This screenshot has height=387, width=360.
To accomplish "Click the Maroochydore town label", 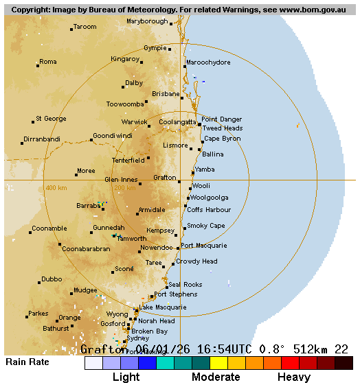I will (208, 62).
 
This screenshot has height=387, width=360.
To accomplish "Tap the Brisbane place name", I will (166, 94).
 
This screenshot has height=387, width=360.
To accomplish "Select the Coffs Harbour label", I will (209, 209).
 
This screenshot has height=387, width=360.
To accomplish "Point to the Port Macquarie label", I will (204, 246).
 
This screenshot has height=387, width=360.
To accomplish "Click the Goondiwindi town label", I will (113, 136).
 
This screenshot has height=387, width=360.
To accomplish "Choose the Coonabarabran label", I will (86, 249).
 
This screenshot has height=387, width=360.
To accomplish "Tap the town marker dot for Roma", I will (37, 65).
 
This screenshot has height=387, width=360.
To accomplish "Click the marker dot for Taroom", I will (71, 30).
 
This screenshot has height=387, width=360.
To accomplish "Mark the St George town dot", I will (32, 122).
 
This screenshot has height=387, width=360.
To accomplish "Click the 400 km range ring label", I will (56, 188).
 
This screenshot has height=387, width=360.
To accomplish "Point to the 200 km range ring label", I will (124, 188).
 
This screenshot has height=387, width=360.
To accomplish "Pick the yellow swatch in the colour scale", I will (218, 363).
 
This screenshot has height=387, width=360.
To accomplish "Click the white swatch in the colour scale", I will (93, 363).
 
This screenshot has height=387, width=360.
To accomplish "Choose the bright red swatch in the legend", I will (290, 363).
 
